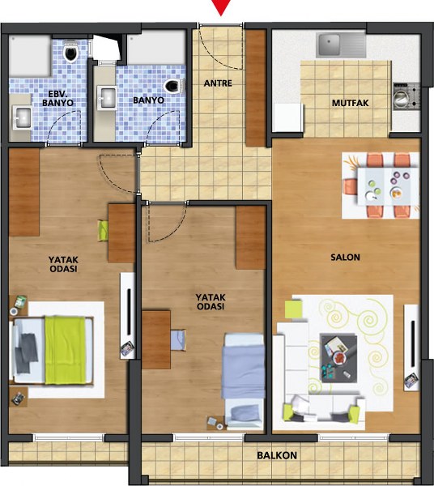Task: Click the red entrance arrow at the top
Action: tap(221, 6)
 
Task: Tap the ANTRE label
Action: tap(218, 83)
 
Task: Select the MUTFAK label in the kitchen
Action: tap(350, 103)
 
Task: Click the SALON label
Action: tap(345, 257)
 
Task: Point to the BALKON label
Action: tap(277, 455)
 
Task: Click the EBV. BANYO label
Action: tap(57, 98)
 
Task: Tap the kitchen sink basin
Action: tap(330, 45)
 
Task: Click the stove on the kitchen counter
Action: tap(406, 96)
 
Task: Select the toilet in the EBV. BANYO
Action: tap(71, 53)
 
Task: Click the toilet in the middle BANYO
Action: tap(174, 86)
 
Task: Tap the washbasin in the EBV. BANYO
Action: tap(22, 117)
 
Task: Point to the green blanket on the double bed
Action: tap(66, 350)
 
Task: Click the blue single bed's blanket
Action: tap(243, 371)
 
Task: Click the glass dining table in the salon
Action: tap(384, 186)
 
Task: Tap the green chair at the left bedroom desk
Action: tap(103, 230)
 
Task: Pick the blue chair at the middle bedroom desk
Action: tap(178, 340)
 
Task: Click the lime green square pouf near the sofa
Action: tap(293, 309)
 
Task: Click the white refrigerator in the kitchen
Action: tap(287, 117)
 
